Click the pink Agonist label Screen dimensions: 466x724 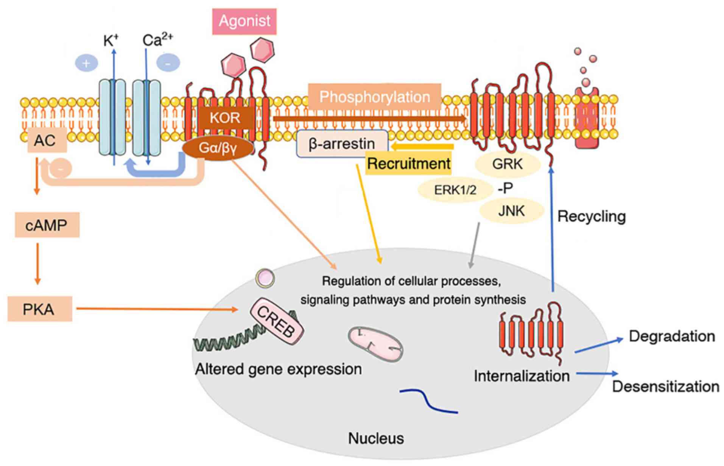coord(244,21)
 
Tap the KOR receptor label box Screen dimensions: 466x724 coord(225,118)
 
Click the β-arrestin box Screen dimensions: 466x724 coord(342,143)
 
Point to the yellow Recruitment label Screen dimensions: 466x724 coord(409,164)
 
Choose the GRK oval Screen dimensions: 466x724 coord(508,164)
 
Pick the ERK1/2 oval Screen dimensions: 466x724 coord(455,189)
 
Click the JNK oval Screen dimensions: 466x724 coord(512,210)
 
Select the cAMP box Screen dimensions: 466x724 coord(47,225)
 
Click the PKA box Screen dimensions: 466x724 coord(39,309)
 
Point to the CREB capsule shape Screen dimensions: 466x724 coord(277,321)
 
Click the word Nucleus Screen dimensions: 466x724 coord(376,438)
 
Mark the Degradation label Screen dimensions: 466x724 coord(672,336)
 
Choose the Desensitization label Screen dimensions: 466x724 coord(666,387)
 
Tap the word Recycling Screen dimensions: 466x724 coord(592,217)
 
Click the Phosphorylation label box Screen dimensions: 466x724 coord(375,97)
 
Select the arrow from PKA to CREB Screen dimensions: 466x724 coord(157,309)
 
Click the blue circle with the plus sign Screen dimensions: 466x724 coord(86,63)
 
